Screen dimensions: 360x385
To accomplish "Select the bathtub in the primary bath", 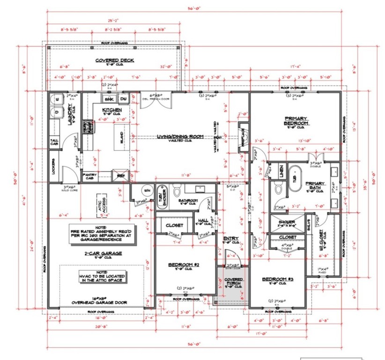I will pyautogui.click(x=294, y=178).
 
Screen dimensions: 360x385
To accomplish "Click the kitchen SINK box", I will pyautogui.click(x=109, y=99).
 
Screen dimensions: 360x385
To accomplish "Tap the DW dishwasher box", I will pyautogui.click(x=124, y=99).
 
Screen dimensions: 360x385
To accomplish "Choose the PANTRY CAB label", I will pyautogui.click(x=89, y=176).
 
